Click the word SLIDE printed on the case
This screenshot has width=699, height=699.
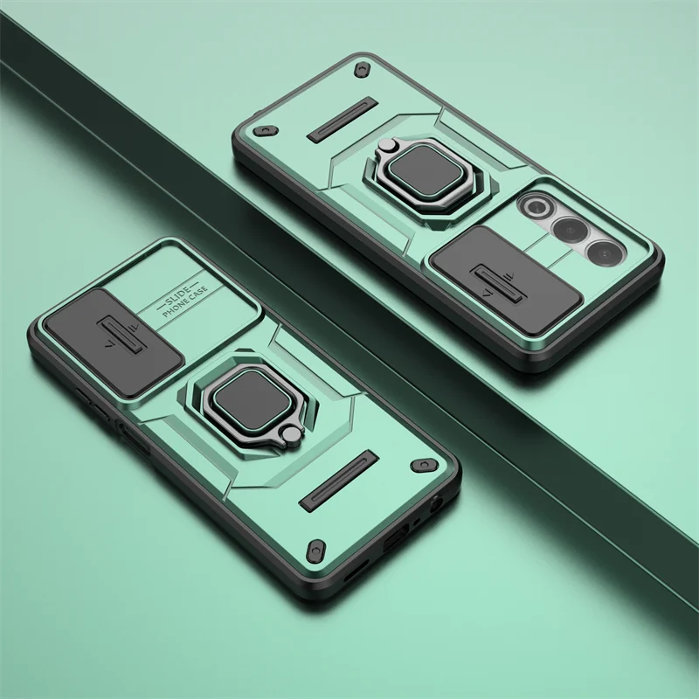coord(178,296)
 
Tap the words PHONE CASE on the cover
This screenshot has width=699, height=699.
coord(185,301)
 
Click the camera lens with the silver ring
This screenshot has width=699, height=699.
coord(537,206)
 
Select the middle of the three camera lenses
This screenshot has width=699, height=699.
coord(571,230)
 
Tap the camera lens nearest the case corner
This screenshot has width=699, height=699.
coord(605,253)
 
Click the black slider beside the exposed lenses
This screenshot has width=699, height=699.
coord(508,280)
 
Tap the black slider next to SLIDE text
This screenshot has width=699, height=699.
coord(114,342)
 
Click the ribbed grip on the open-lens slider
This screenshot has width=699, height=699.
coord(500,284)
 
